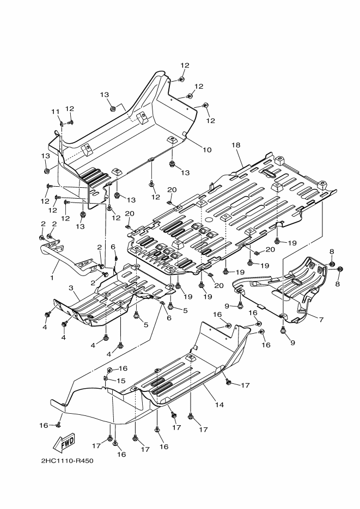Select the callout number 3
click(x=70, y=287)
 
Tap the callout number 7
click(x=321, y=320)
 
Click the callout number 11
click(x=55, y=112)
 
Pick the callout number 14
click(x=219, y=404)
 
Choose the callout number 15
click(x=121, y=381)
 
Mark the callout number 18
click(x=236, y=145)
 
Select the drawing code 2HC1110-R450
click(x=68, y=461)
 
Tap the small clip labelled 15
click(x=105, y=378)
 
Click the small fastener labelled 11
click(x=62, y=123)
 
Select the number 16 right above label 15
click(x=123, y=369)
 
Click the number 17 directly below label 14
click(x=203, y=430)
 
